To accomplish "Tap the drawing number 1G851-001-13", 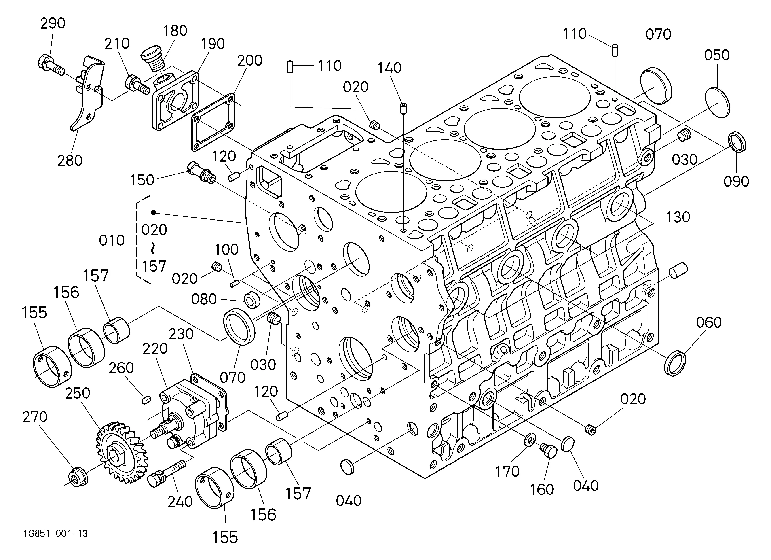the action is [56, 533].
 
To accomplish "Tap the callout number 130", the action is [678, 217].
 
